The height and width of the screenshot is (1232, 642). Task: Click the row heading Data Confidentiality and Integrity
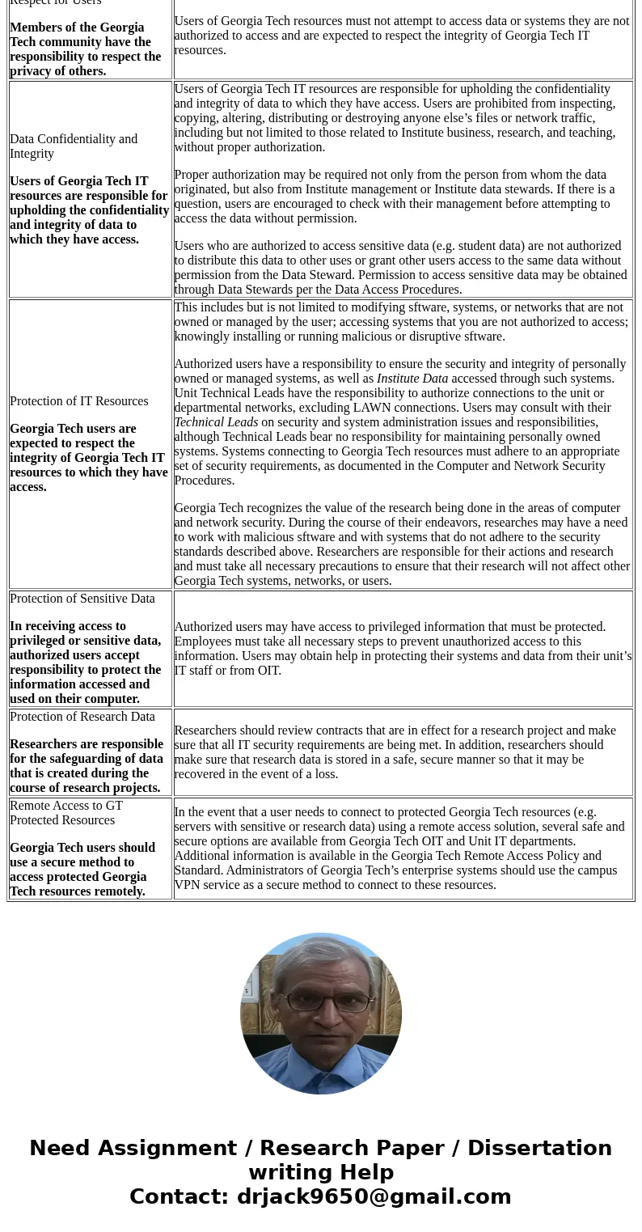point(74,146)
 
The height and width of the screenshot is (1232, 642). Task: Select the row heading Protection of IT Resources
point(78,401)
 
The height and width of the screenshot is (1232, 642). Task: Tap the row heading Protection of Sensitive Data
point(82,599)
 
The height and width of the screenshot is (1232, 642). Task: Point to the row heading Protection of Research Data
point(82,717)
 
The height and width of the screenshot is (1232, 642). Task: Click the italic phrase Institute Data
point(412,379)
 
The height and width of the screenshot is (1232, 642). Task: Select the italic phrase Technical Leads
point(216,422)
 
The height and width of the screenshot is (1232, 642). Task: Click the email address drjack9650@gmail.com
point(374,1196)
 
